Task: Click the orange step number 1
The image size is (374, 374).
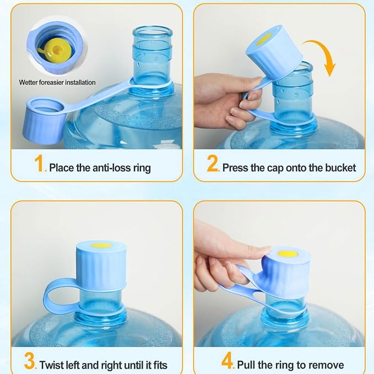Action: pos(39,163)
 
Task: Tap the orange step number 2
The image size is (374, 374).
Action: pos(212,163)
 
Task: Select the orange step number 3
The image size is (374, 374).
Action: pos(29,361)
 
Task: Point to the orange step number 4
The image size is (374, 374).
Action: pos(227,361)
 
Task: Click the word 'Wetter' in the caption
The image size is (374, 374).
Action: pos(28,83)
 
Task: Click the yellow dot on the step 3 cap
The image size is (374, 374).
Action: pos(101,245)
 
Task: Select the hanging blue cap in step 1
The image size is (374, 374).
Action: pos(44,120)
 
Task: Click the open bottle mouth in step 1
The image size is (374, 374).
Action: pos(152,32)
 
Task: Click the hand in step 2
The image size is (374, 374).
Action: pos(226,100)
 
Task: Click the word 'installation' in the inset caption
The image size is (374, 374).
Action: pos(80,83)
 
